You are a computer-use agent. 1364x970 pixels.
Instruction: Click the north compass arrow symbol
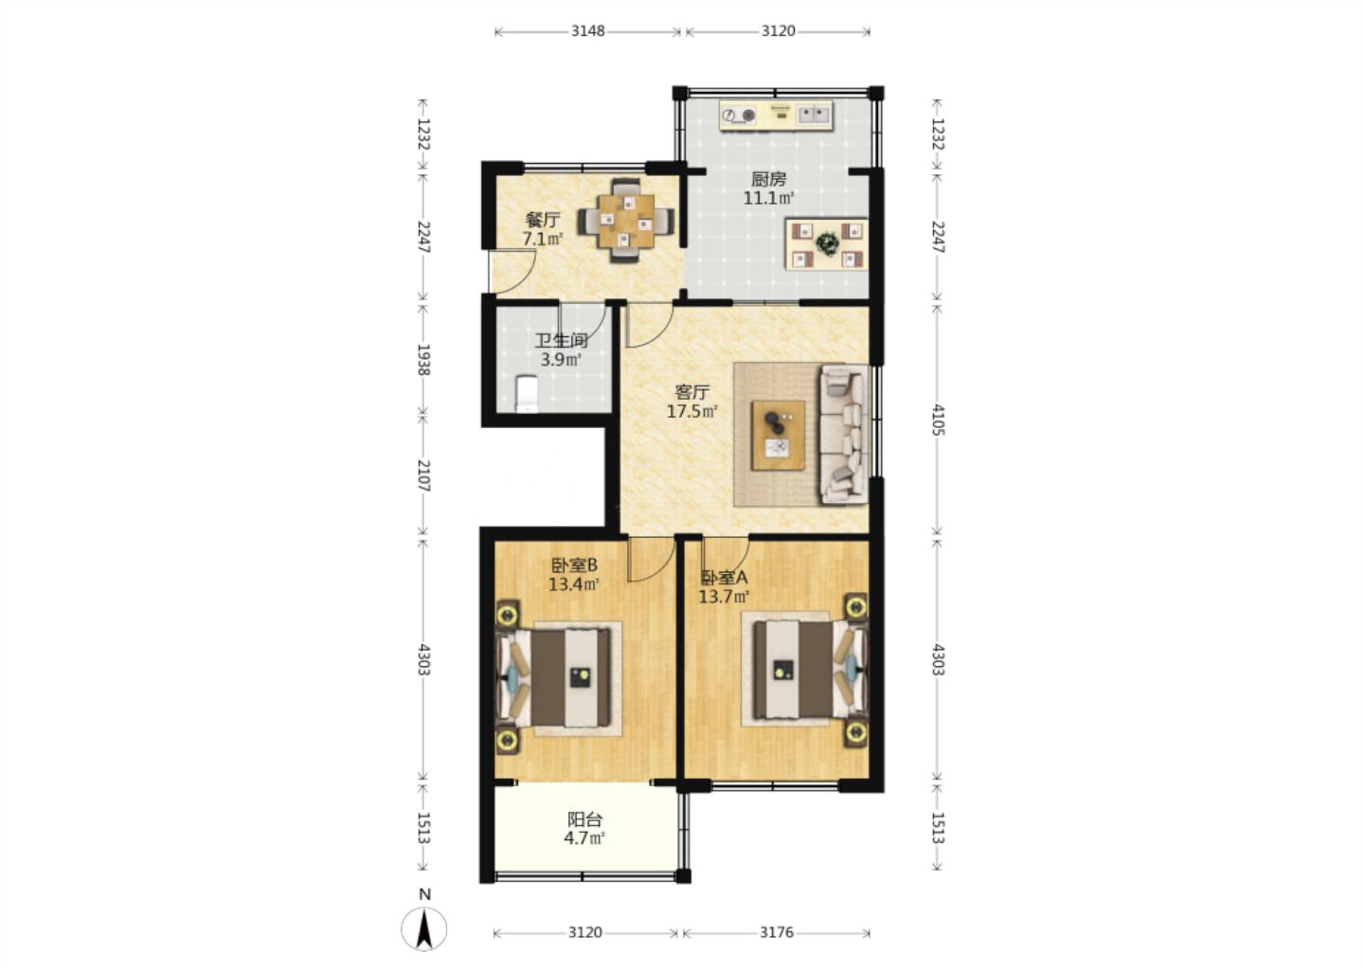(423, 928)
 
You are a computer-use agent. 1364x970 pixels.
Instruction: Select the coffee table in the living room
(779, 435)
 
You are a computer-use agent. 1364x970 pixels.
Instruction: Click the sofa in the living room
(845, 434)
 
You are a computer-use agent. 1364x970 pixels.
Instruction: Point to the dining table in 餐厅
(626, 221)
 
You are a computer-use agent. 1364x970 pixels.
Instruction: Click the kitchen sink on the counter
(815, 115)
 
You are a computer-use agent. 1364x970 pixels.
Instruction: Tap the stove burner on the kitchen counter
(738, 115)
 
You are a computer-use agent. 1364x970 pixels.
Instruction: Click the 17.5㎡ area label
(692, 412)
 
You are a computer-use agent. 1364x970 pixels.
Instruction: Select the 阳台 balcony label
(584, 819)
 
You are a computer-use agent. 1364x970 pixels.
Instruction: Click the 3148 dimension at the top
(587, 31)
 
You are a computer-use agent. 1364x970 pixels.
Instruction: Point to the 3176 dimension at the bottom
(777, 932)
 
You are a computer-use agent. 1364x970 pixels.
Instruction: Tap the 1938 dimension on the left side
(423, 360)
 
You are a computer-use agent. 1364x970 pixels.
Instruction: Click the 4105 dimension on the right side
(937, 420)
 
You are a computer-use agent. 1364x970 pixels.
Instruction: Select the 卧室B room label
(574, 566)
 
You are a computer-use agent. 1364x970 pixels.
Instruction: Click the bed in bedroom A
(805, 669)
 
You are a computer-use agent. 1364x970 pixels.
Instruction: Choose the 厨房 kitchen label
(768, 179)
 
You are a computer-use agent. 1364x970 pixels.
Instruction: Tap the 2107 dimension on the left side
(423, 476)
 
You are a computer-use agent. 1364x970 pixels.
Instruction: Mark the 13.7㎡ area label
(724, 597)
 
